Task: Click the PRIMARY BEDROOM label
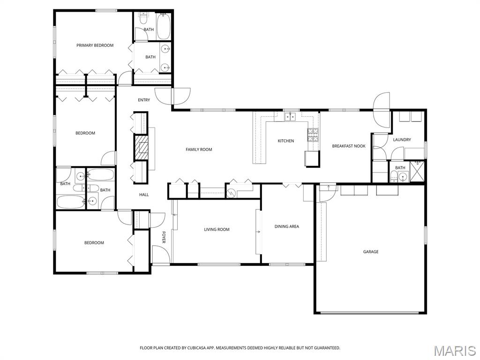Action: [x=95, y=45]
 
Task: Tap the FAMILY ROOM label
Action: [x=199, y=150]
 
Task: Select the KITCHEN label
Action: [x=285, y=141]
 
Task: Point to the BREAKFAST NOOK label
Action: [x=349, y=146]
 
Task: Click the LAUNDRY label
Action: [x=402, y=140]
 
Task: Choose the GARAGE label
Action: [x=371, y=252]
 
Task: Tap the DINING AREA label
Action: [x=286, y=226]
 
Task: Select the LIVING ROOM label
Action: [x=217, y=229]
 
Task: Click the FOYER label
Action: [x=164, y=237]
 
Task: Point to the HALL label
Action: [x=144, y=195]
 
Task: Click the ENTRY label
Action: [x=144, y=100]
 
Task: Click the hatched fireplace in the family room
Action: [x=141, y=148]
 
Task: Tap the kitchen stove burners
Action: [x=313, y=135]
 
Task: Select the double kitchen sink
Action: [x=290, y=116]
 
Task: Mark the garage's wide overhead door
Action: [x=369, y=313]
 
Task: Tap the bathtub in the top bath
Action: [x=163, y=26]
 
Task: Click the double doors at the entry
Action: [x=172, y=97]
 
